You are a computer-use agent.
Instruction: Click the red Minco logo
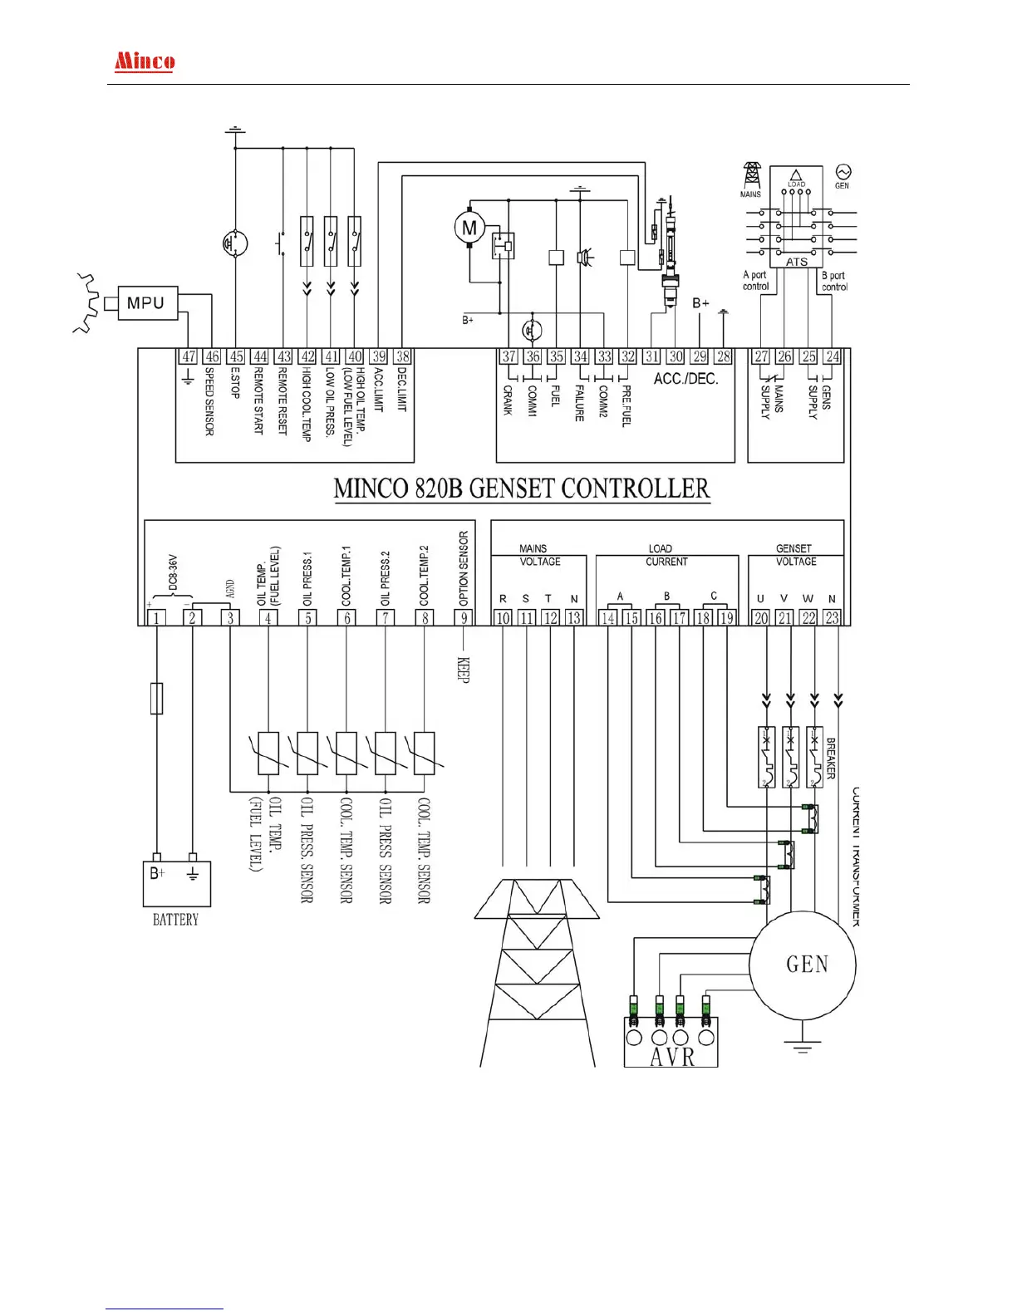point(145,61)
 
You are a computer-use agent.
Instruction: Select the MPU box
point(146,303)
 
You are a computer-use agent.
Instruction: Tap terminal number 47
point(189,357)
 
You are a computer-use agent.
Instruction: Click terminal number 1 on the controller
point(155,618)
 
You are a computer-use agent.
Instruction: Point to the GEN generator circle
point(803,964)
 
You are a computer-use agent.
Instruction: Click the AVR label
point(671,1057)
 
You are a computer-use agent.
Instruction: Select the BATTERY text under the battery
point(175,920)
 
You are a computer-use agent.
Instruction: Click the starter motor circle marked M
point(469,228)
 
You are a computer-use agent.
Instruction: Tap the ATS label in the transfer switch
point(796,262)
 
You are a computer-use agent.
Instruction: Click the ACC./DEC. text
point(685,379)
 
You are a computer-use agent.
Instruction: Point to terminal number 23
point(832,618)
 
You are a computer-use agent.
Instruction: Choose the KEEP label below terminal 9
point(464,670)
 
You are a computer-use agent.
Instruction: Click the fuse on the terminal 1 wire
point(156,698)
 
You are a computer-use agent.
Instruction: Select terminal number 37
point(508,357)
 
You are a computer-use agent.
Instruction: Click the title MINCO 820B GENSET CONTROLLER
point(522,489)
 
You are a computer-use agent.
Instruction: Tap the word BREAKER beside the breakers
point(831,758)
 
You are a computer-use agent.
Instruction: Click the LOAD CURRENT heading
point(666,555)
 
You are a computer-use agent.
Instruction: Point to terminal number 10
point(503,618)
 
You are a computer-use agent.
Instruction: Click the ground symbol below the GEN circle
point(802,1046)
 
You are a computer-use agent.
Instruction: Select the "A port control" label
point(755,281)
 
